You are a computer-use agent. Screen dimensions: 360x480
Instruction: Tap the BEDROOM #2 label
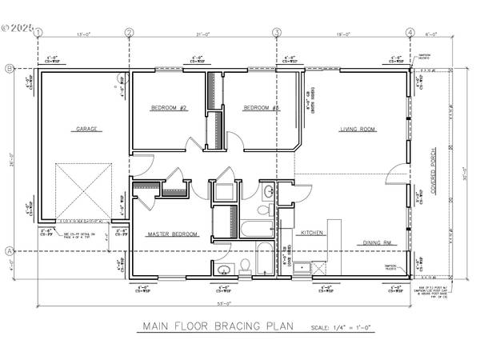pyautogui.click(x=169, y=107)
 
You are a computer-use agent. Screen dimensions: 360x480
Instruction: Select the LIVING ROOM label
pyautogui.click(x=358, y=128)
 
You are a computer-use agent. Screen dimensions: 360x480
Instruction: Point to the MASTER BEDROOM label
pyautogui.click(x=171, y=234)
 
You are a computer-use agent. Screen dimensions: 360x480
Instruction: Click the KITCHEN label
pyautogui.click(x=311, y=232)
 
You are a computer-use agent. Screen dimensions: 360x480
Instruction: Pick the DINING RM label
pyautogui.click(x=376, y=242)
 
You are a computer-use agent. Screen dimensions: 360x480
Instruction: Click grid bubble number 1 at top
pyautogui.click(x=38, y=33)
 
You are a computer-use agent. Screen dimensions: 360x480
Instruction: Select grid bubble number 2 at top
pyautogui.click(x=129, y=33)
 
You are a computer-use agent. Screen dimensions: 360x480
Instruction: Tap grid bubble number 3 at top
pyautogui.click(x=277, y=33)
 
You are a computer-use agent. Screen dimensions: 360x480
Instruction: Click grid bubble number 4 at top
pyautogui.click(x=410, y=33)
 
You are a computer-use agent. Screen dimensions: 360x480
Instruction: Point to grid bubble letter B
pyautogui.click(x=9, y=70)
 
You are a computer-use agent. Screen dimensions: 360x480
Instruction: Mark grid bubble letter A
pyautogui.click(x=9, y=251)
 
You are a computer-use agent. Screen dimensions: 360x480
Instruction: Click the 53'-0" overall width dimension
pyautogui.click(x=223, y=305)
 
